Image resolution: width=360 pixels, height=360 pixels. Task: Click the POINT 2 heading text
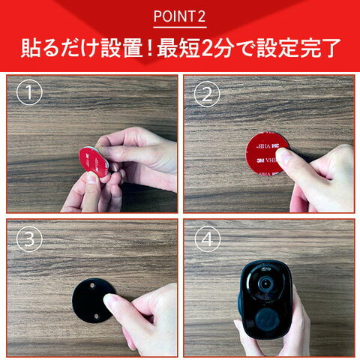pyautogui.click(x=179, y=16)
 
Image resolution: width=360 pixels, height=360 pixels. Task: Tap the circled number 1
pyautogui.click(x=29, y=92)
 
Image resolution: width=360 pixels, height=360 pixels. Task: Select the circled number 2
pyautogui.click(x=207, y=94)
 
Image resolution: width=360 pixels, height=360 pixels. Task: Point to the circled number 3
pyautogui.click(x=29, y=238)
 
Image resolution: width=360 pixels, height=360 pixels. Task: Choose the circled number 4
pyautogui.click(x=208, y=239)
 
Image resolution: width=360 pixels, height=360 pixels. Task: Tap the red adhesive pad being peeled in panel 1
pyautogui.click(x=93, y=162)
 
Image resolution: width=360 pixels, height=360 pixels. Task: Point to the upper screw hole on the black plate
pyautogui.click(x=92, y=285)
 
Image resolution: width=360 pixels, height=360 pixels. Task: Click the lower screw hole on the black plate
pyautogui.click(x=96, y=316)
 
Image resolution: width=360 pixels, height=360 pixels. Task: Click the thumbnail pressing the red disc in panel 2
pyautogui.click(x=283, y=155)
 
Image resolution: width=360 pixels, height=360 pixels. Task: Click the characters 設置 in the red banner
pyautogui.click(x=121, y=48)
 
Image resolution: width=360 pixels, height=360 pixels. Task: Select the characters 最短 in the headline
pyautogui.click(x=178, y=48)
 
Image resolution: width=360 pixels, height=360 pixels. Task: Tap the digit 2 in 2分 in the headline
pyautogui.click(x=207, y=48)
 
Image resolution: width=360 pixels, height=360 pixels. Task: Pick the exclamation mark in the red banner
pyautogui.click(x=150, y=48)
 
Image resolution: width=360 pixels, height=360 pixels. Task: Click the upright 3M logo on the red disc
pyautogui.click(x=260, y=160)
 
